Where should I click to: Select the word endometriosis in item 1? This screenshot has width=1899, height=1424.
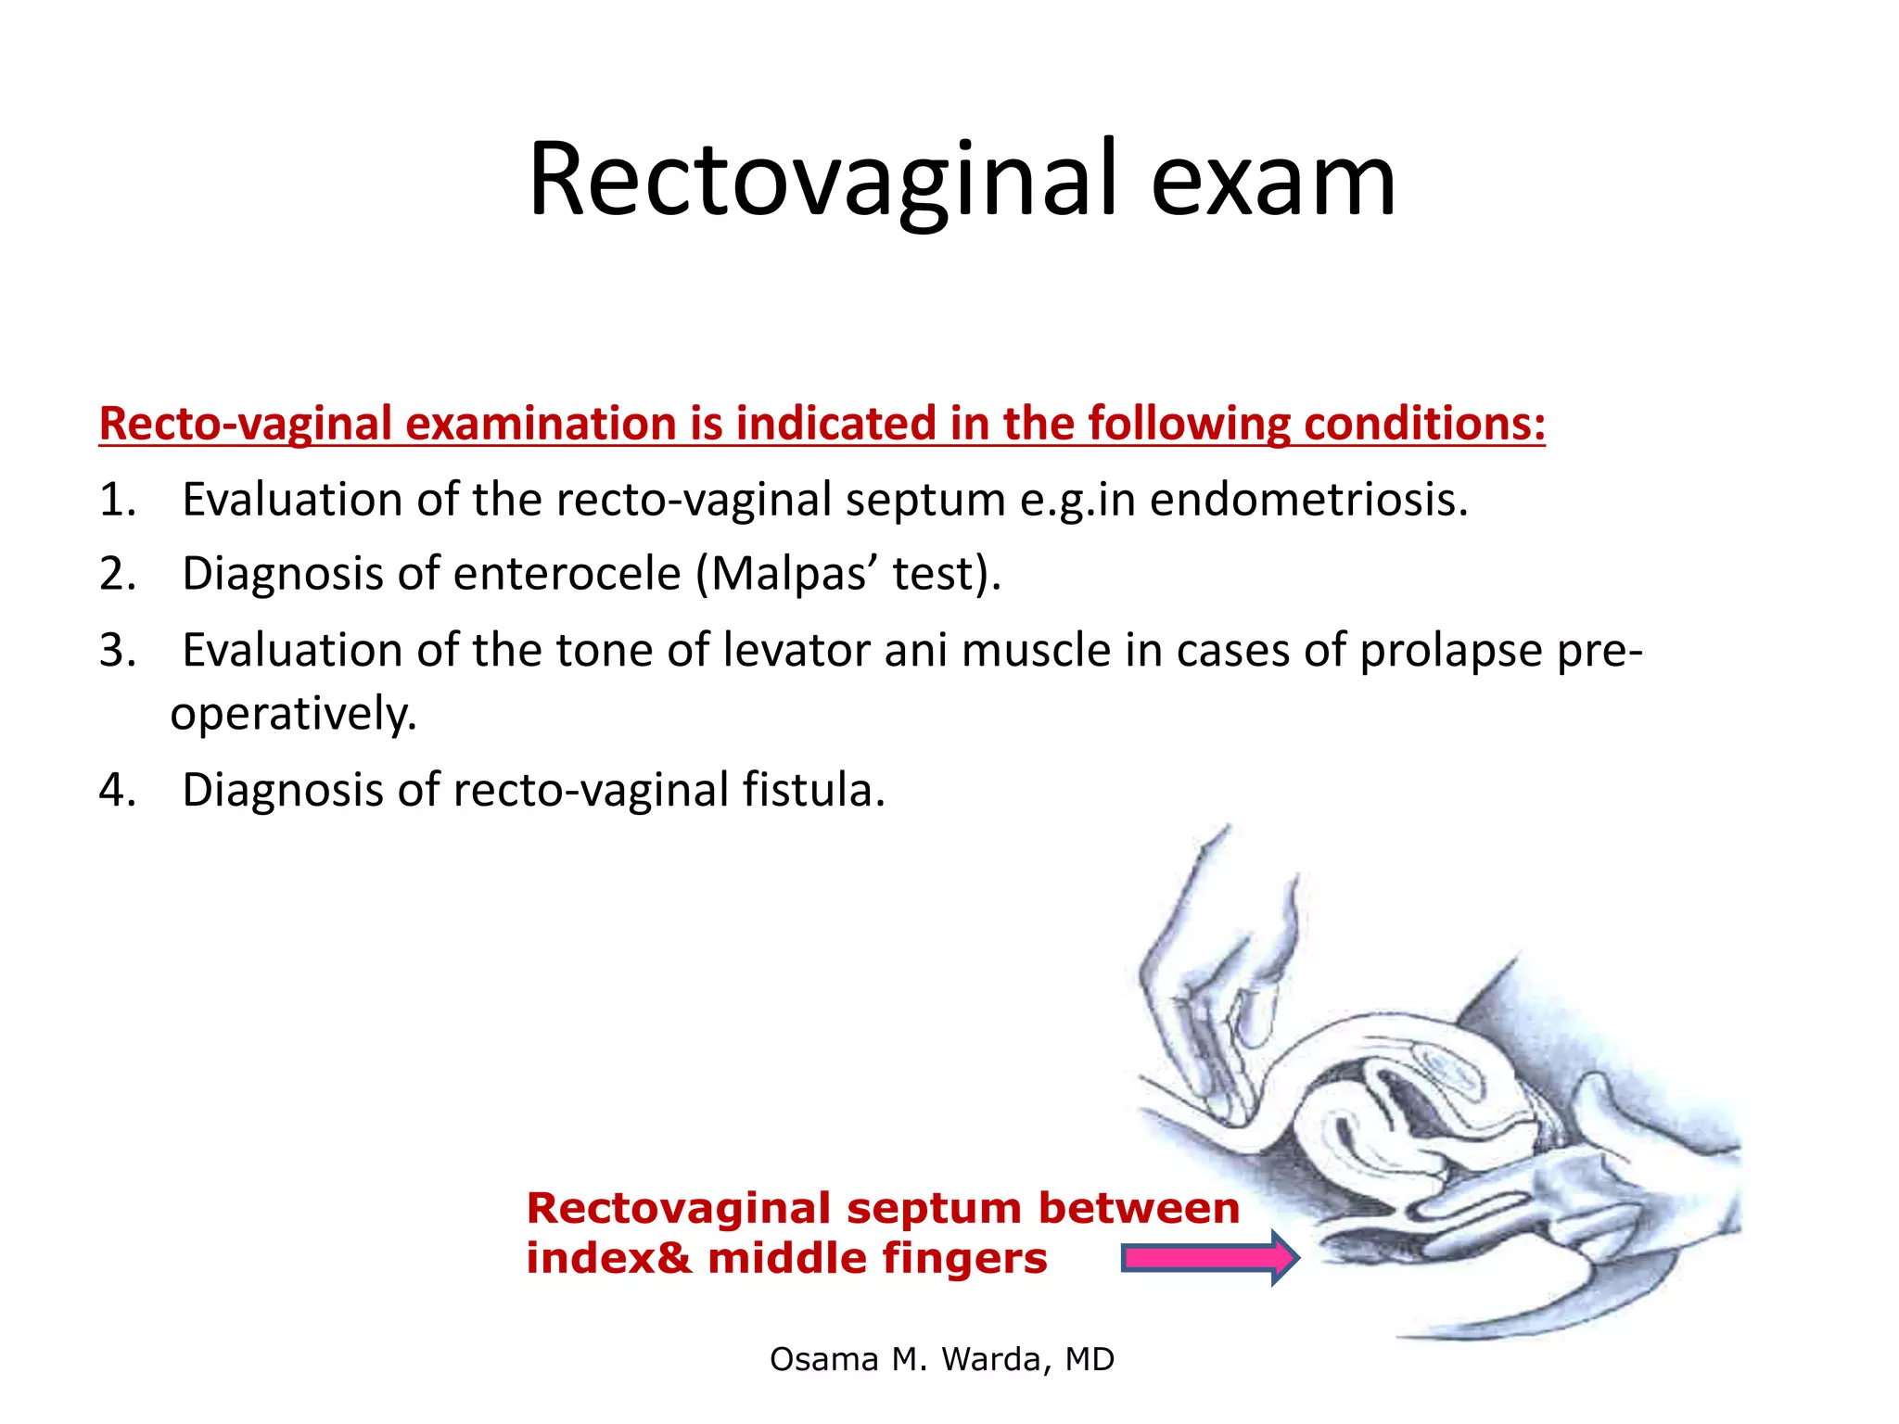tap(1308, 500)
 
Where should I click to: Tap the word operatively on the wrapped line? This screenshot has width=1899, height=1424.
tap(294, 714)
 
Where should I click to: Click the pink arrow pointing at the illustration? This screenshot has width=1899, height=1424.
tap(1209, 1258)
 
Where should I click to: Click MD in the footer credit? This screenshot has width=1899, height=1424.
tap(1090, 1359)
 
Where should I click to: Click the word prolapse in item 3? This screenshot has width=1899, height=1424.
tap(1451, 650)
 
